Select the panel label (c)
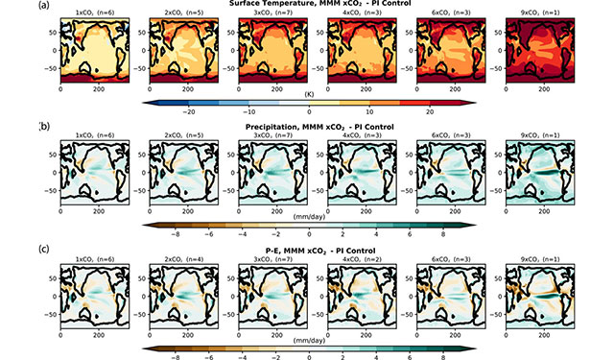pos(42,245)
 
